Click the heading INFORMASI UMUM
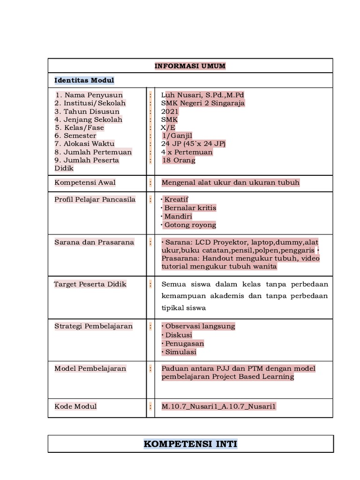tap(190, 66)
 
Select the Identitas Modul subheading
tap(84, 80)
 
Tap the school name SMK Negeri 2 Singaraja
tap(202, 103)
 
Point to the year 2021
tap(170, 112)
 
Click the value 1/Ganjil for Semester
tap(177, 136)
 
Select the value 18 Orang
tap(179, 160)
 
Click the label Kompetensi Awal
tap(85, 182)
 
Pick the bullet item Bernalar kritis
tap(189, 208)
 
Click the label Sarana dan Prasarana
tap(94, 242)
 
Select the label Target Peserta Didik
tap(90, 284)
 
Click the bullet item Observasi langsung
tap(198, 326)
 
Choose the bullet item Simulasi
tap(179, 352)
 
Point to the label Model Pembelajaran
tap(90, 368)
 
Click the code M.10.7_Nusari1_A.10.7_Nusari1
tap(219, 406)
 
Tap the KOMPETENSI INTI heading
tap(190, 444)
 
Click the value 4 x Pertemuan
tap(187, 152)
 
